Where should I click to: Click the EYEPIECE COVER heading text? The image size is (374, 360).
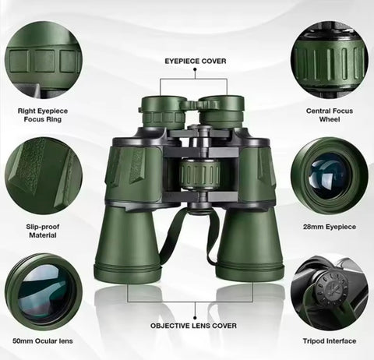point(196,61)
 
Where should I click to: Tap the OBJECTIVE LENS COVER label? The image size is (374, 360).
point(193,326)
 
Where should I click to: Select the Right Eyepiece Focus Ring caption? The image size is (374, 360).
point(43,115)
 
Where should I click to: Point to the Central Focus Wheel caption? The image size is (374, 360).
point(330,115)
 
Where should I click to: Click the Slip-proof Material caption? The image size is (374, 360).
point(43,231)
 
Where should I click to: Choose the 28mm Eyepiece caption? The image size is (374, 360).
point(330,227)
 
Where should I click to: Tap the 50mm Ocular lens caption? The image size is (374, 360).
point(43,341)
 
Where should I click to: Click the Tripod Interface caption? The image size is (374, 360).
point(330,341)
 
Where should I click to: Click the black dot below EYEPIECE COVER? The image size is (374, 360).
point(195,69)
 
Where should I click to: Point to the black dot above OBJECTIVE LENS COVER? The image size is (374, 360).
point(195,318)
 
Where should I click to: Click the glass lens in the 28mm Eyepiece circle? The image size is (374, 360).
point(328,176)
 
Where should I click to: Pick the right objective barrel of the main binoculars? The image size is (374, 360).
point(250,244)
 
